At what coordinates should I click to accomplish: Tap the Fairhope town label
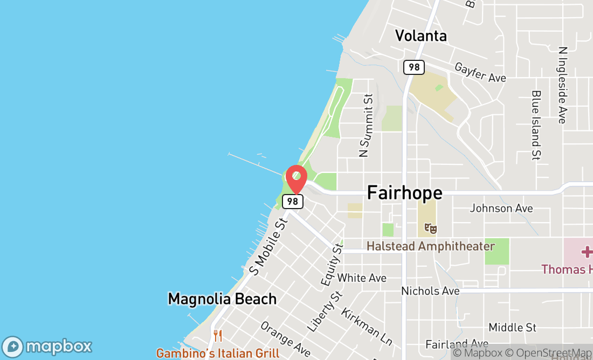click(404, 192)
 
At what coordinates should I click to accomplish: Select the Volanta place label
click(420, 36)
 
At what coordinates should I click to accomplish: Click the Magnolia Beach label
click(222, 299)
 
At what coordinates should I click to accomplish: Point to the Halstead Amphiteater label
click(430, 246)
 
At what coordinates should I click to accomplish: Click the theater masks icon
click(430, 228)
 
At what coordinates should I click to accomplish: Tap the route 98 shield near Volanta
click(414, 67)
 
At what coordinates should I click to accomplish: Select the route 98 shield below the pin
click(293, 202)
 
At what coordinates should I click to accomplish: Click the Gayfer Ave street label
click(480, 72)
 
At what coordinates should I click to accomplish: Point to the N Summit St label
click(367, 126)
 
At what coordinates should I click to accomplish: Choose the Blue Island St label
click(536, 125)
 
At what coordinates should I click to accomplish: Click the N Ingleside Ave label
click(563, 85)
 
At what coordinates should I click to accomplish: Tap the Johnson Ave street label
click(501, 208)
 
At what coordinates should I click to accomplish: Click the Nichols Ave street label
click(430, 291)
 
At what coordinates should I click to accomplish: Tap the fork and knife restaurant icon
click(218, 336)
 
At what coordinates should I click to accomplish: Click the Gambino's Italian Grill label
click(218, 354)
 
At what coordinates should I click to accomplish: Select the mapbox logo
click(47, 347)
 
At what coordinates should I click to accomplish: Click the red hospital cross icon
click(587, 252)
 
